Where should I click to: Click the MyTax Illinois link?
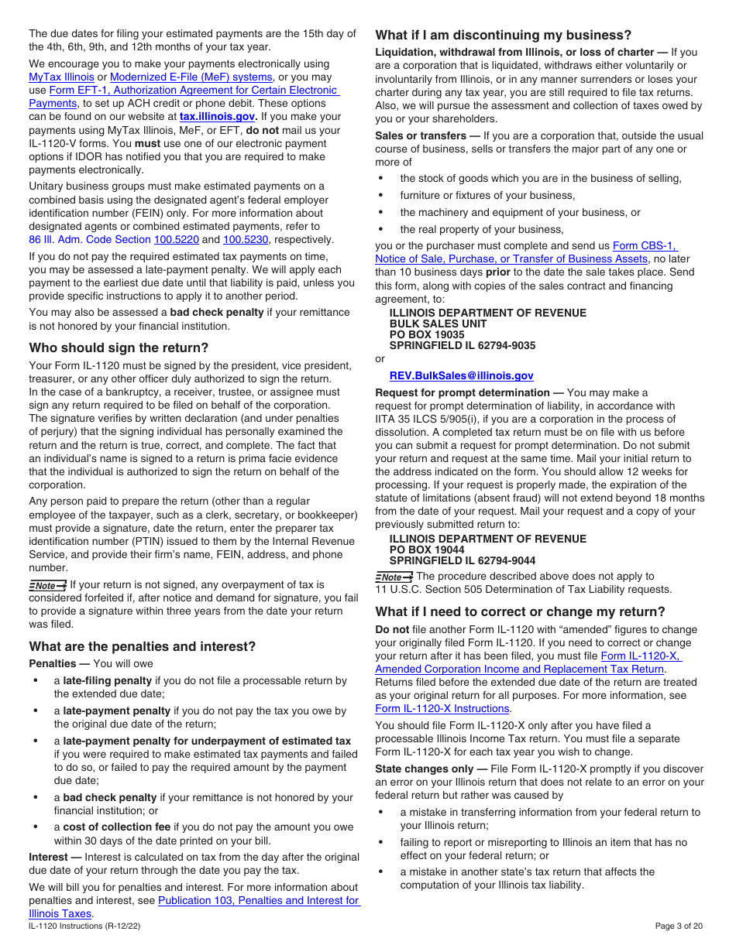pos(61,77)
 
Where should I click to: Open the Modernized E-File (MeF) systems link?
pos(191,77)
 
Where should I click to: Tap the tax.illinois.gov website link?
pos(217,117)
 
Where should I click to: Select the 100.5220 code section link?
pos(177,240)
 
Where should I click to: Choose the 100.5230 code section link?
pos(246,240)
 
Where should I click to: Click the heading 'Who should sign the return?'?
pos(119,348)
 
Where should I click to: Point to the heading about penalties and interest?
pos(142,646)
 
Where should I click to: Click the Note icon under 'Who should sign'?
pos(47,586)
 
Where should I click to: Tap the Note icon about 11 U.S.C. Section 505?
pos(394,577)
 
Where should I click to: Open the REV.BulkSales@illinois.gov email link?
pos(461,375)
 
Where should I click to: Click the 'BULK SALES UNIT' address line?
pos(438,324)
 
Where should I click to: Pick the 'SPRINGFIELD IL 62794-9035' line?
pos(462,346)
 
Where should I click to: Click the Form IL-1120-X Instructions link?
pos(442,708)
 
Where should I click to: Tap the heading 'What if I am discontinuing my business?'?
pos(503,35)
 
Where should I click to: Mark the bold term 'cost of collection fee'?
pos(116,827)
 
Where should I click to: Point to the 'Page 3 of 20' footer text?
pos(679,926)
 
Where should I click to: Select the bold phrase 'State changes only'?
pos(423,769)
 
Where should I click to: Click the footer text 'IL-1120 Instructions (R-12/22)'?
pos(84,926)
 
